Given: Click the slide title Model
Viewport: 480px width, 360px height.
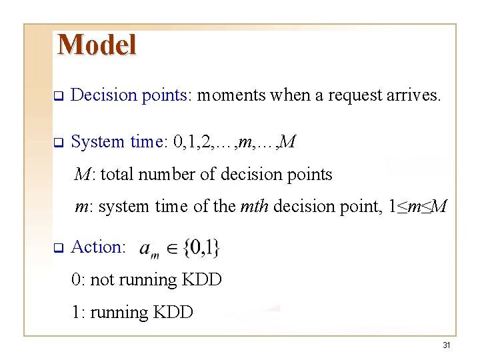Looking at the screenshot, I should click(x=97, y=45).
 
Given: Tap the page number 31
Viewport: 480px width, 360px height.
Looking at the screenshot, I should click(x=446, y=345).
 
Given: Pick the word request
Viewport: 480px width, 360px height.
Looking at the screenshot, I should click(x=353, y=95).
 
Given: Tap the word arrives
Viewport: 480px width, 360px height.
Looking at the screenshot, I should click(x=413, y=95).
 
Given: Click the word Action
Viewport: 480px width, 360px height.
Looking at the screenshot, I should click(x=97, y=247).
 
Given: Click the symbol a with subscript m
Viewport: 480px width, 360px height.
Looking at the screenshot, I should click(x=147, y=250).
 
